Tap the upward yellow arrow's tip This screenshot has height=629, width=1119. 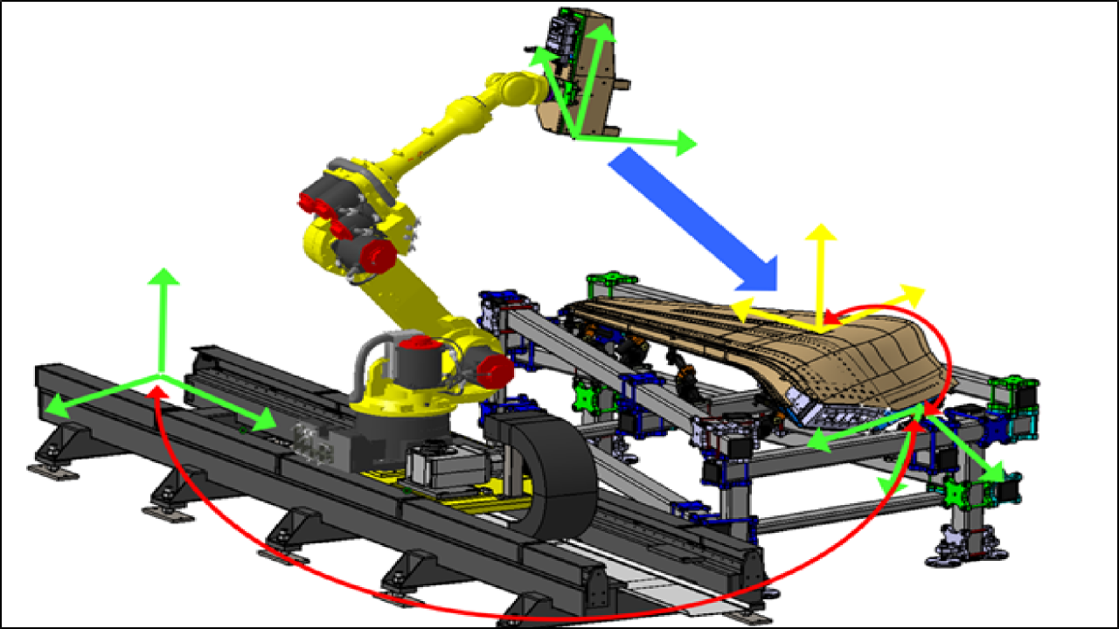821,229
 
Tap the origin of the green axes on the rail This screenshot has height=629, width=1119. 160,376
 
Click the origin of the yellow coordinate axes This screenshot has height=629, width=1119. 820,330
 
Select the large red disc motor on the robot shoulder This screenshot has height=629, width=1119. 378,254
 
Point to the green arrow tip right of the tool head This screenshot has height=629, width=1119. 692,143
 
